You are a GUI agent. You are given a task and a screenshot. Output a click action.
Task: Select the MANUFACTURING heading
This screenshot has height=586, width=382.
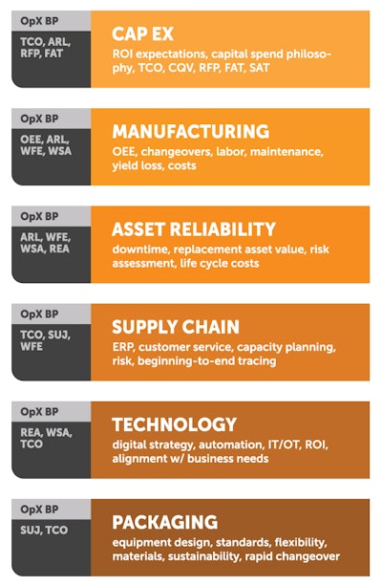190,131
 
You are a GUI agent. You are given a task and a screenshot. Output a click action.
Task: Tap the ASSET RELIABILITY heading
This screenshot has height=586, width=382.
193,229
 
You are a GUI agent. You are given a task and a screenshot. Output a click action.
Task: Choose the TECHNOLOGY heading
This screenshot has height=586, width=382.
174,424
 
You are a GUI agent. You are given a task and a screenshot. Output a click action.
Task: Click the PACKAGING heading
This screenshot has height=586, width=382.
164,522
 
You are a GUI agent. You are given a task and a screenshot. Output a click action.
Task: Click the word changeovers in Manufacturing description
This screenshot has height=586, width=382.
180,152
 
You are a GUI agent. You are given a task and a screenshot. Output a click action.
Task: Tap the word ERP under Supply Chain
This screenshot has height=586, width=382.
124,347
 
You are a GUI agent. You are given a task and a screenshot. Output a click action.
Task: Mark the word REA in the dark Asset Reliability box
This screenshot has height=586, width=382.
59,249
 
